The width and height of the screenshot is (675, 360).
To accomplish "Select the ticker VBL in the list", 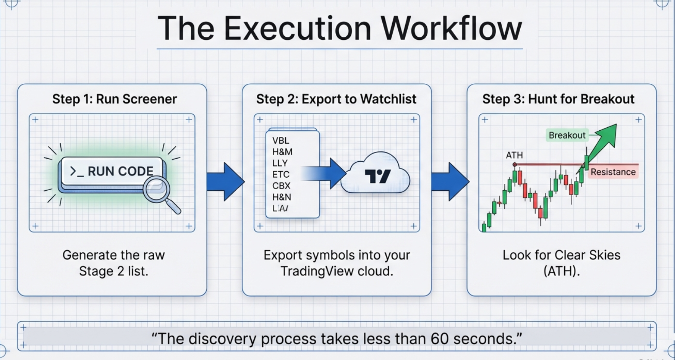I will pos(281,141).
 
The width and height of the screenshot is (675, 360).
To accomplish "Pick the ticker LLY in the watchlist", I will pos(280,163).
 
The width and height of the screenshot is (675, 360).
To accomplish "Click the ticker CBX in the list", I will pos(281,186).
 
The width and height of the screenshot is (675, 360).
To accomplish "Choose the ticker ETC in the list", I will pos(281,175).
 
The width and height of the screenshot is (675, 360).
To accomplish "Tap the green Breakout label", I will pos(567,135).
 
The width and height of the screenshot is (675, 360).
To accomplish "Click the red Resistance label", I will pos(613,172).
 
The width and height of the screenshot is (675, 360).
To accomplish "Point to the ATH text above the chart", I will pos(514,155).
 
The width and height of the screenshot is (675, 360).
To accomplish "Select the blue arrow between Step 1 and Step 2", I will pos(225,182).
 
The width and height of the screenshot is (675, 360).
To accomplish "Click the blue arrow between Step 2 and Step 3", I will pos(450,182).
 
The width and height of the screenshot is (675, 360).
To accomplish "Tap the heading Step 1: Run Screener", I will pos(115,99).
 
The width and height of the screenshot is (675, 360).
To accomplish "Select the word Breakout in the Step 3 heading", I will pos(607,99).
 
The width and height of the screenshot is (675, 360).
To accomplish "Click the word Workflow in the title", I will pos(452,29).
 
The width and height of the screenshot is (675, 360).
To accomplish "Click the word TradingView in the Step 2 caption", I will pos(317,271).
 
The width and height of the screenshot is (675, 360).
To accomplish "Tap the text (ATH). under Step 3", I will pos(561,271).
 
